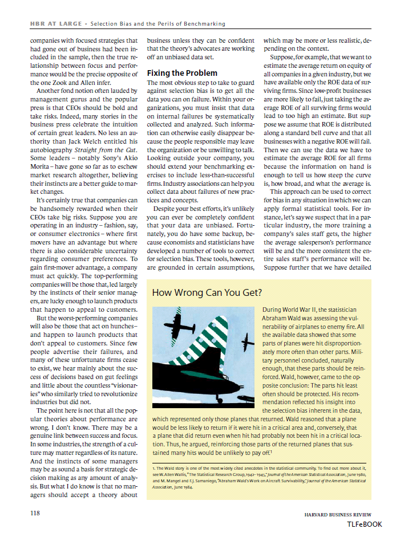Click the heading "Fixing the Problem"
pyautogui.click(x=182, y=73)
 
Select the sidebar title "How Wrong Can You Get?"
pyautogui.click(x=207, y=293)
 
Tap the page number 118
pyautogui.click(x=35, y=513)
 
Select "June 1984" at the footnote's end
pyautogui.click(x=189, y=488)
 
